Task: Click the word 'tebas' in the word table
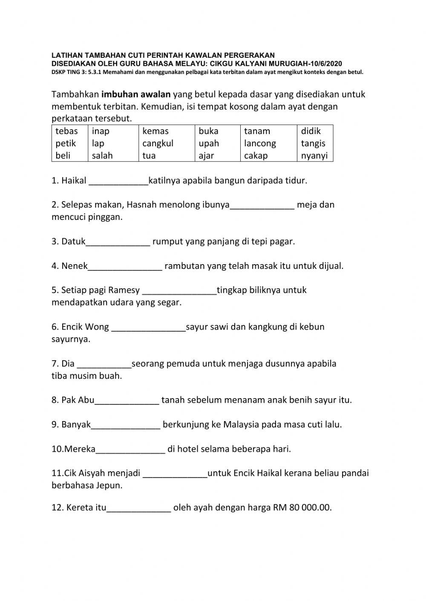(x=66, y=131)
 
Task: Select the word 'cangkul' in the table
(x=158, y=143)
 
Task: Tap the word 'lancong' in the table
(x=260, y=143)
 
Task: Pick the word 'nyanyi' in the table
(x=314, y=156)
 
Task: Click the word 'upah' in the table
(x=209, y=143)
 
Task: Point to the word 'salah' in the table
(x=102, y=156)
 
